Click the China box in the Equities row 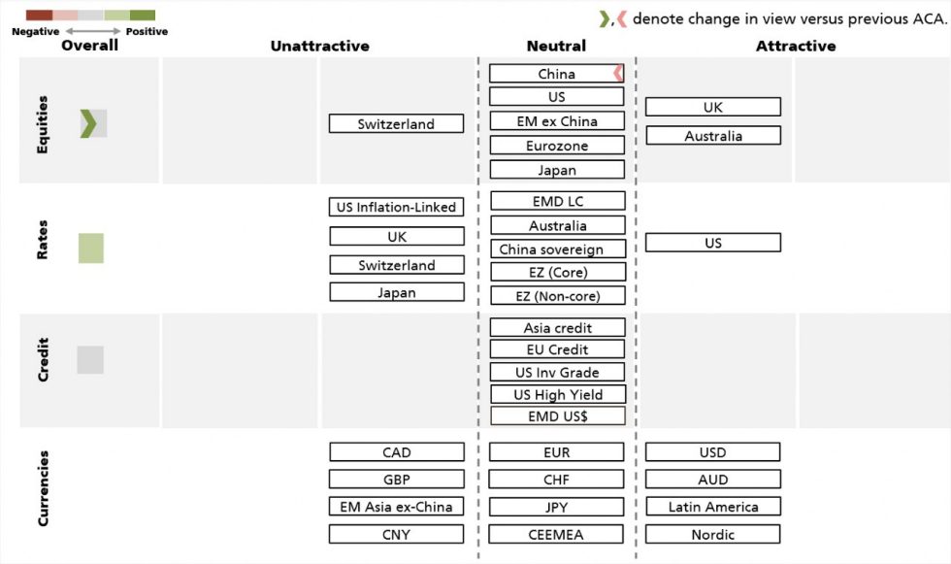tap(556, 74)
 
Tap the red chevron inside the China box tap(616, 74)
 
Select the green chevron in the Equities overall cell tap(88, 123)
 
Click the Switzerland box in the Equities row tap(396, 124)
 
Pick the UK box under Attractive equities tap(712, 108)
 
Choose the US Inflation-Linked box tap(396, 207)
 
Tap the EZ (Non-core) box tap(556, 296)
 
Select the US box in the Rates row tap(712, 243)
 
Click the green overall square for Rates tap(90, 249)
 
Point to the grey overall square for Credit tap(90, 360)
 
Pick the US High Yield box tap(556, 394)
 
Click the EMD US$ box tap(556, 415)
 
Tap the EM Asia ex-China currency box tap(396, 507)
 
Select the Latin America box tap(712, 507)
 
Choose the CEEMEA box tap(556, 534)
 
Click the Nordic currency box tap(712, 534)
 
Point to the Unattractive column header tap(319, 46)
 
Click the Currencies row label tap(43, 487)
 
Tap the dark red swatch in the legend tap(39, 16)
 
